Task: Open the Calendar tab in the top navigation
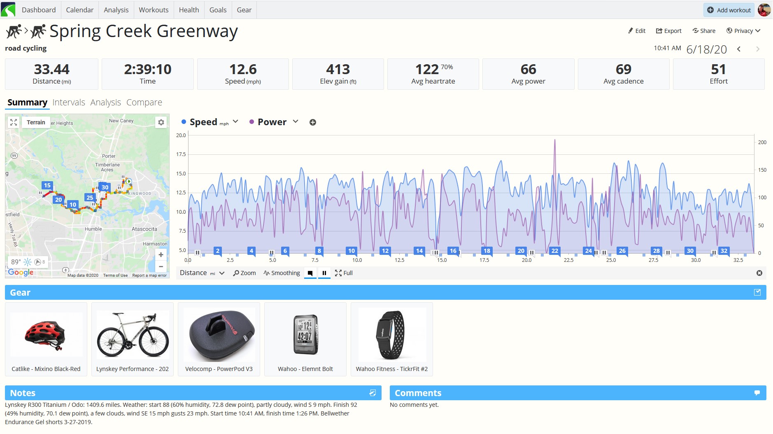tap(79, 10)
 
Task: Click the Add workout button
tap(729, 10)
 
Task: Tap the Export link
tap(668, 31)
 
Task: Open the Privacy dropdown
tap(743, 31)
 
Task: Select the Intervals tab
tap(69, 103)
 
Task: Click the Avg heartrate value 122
tap(427, 69)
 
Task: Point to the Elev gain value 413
tap(338, 69)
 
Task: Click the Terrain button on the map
tap(36, 122)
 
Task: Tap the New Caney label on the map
tap(121, 121)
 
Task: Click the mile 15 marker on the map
tap(47, 185)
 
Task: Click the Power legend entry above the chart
tap(272, 122)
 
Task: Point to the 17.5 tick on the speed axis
tap(181, 154)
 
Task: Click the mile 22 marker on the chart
tap(555, 251)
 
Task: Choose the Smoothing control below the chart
tap(282, 273)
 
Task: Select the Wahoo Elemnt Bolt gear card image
tap(305, 334)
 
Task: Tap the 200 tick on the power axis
tap(762, 142)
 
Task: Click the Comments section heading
tap(418, 393)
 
